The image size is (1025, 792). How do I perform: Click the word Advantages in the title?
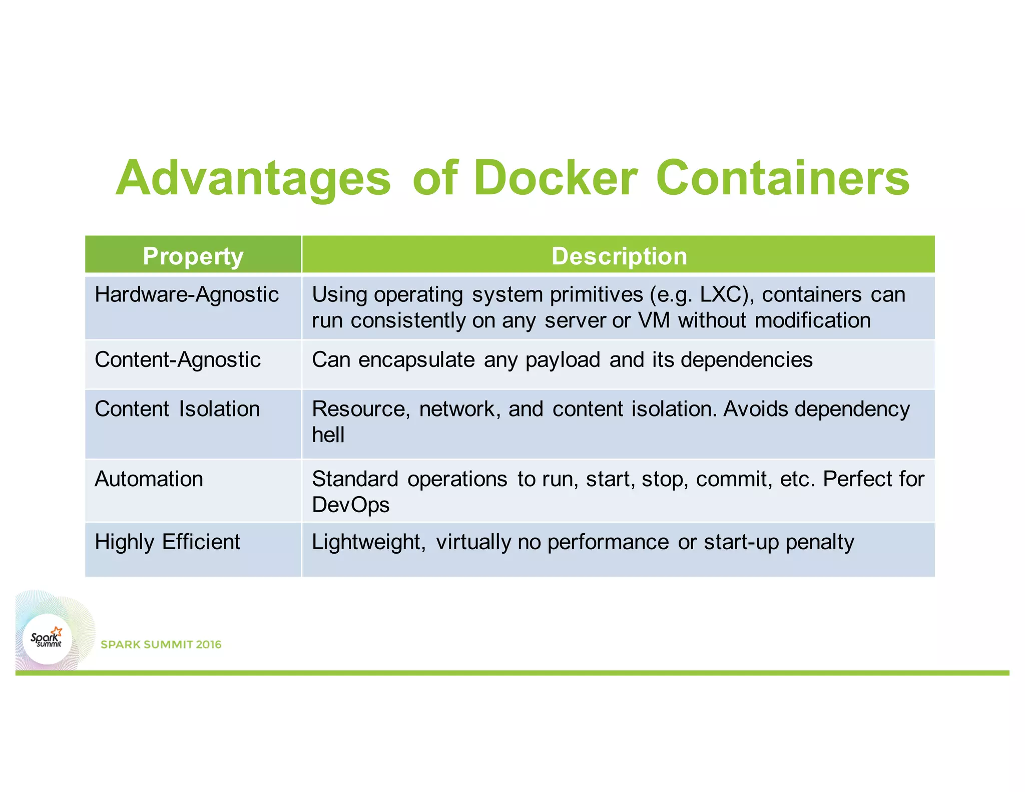[x=253, y=179]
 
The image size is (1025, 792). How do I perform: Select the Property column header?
[x=193, y=256]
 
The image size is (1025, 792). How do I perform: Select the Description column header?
[x=619, y=256]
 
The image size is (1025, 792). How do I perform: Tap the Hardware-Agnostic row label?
[x=187, y=294]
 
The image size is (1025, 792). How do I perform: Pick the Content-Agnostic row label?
[x=178, y=359]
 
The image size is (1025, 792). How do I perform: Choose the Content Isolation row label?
[x=177, y=409]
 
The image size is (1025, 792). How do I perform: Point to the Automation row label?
[x=149, y=479]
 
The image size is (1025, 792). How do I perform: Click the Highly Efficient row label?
[x=167, y=542]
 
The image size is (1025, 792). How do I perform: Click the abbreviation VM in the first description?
[x=654, y=320]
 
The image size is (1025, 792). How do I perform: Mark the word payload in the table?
[x=563, y=360]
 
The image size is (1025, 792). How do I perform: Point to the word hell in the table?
[x=328, y=435]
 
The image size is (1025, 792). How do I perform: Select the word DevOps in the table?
[x=350, y=505]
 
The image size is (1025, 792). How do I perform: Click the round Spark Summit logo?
[x=47, y=639]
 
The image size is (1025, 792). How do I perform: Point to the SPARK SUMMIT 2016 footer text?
[x=161, y=644]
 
